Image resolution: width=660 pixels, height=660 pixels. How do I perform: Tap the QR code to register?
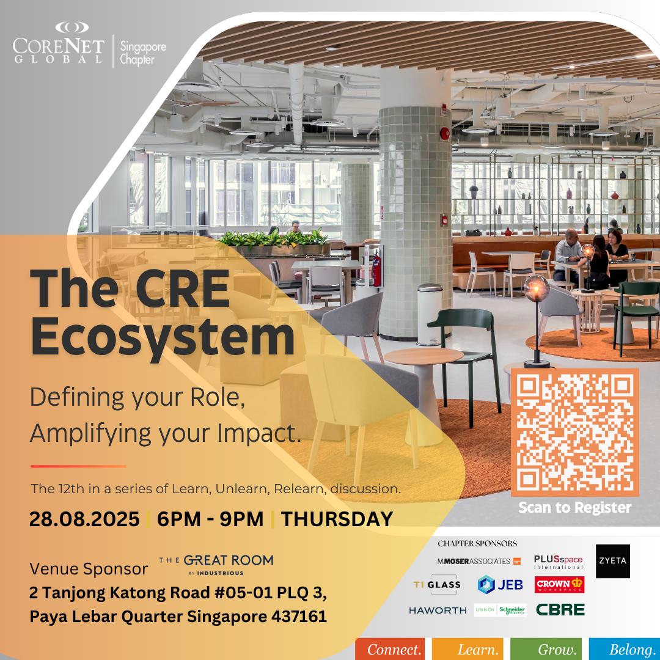coord(574,432)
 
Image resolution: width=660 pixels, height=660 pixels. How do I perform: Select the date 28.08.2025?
coord(84,519)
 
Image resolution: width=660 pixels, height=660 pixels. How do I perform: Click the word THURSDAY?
coord(337,519)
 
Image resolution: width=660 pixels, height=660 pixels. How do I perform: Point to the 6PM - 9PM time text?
coord(210,519)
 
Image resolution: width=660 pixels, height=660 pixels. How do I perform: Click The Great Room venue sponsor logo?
coord(216,565)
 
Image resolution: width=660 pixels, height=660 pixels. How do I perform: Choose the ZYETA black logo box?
coord(613,561)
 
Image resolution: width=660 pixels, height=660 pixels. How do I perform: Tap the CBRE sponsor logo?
coord(560,609)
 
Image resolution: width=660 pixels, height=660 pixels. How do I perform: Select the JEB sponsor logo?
coord(501,585)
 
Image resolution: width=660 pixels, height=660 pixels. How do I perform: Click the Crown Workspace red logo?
coord(559,584)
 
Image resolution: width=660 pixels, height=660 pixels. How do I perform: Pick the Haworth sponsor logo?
coord(438,610)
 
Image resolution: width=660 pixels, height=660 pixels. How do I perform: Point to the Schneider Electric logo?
coord(501,610)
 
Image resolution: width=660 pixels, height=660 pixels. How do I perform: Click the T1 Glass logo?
coord(438,585)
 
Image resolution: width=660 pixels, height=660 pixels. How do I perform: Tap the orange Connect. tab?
coord(390,649)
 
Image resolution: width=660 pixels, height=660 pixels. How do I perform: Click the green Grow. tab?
coord(546,649)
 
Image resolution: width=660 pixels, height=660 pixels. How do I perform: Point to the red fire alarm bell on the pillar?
coord(444,134)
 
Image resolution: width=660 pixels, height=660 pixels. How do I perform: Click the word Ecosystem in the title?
coord(163,338)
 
